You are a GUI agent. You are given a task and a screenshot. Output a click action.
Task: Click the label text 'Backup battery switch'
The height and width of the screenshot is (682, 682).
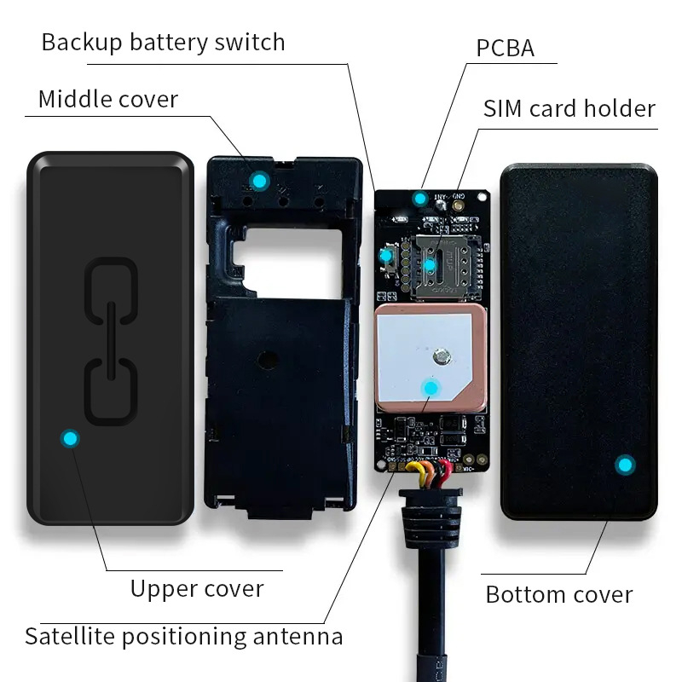163,43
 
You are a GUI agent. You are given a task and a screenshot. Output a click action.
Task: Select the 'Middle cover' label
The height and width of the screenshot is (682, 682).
108,99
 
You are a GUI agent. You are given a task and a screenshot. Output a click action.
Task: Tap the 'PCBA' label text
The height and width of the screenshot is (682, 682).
505,48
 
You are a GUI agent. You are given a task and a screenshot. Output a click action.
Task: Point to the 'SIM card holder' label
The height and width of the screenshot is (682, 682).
569,109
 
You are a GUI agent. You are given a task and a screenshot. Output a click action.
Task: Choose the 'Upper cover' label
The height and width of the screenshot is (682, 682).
197,588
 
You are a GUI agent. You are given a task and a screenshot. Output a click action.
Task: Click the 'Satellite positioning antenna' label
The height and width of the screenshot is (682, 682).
183,636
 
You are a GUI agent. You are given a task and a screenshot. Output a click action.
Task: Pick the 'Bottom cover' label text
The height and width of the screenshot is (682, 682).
558,594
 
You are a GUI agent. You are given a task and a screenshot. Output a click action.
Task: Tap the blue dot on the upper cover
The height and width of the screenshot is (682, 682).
70,438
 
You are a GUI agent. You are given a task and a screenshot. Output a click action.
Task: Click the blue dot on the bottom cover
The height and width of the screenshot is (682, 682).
626,465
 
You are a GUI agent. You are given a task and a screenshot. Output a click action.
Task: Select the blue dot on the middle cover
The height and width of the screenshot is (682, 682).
258,181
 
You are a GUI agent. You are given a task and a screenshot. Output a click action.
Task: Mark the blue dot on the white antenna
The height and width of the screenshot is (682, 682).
431,389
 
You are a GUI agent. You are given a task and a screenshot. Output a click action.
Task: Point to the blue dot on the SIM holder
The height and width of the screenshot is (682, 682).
430,266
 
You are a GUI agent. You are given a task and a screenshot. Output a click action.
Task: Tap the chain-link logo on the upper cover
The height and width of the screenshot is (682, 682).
111,341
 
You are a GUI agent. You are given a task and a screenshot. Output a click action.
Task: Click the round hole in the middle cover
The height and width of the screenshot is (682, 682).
270,359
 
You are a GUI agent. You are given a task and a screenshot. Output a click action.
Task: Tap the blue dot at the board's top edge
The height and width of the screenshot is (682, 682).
419,199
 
